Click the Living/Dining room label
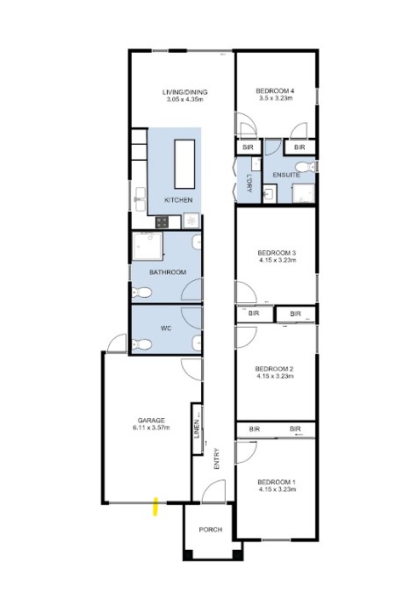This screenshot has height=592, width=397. click(184, 91)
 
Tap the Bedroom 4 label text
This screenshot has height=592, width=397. click(275, 91)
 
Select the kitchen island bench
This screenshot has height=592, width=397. click(184, 163)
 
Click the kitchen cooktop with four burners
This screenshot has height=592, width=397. click(162, 222)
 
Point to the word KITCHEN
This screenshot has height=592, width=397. click(178, 201)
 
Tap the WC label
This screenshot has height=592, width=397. click(165, 329)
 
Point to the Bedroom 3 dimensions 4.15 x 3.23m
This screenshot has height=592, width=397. click(275, 261)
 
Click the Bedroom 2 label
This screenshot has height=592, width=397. click(273, 369)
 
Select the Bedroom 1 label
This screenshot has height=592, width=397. click(273, 482)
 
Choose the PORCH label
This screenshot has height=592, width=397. click(210, 530)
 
